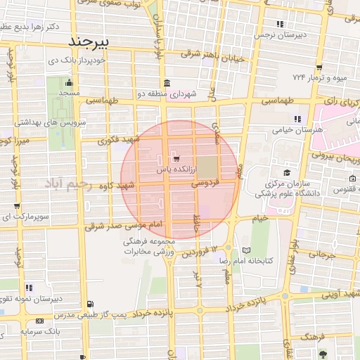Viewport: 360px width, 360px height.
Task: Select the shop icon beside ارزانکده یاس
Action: (175, 159)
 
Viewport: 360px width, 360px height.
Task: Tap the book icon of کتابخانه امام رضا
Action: (245, 250)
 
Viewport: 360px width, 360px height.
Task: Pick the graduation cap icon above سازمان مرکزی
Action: (287, 172)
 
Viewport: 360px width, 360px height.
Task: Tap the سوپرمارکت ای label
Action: (25, 217)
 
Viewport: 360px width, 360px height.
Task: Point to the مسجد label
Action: (69, 93)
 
